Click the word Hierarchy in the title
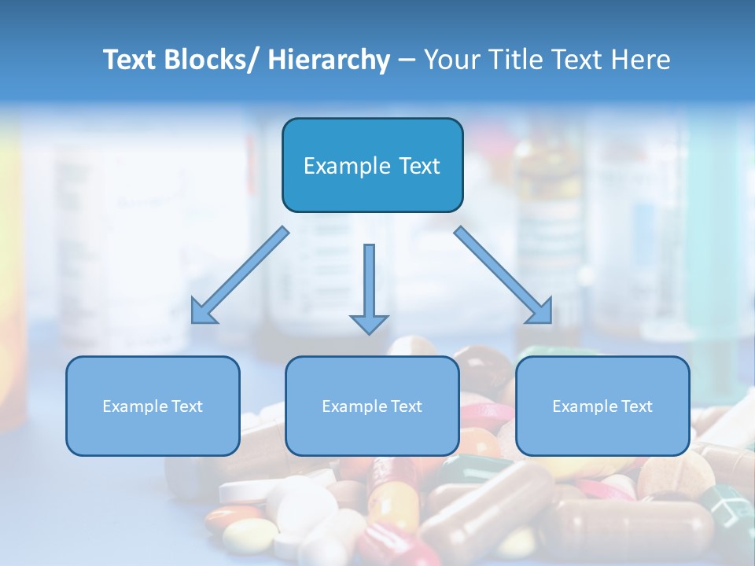pos(329,60)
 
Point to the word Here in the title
pos(642,60)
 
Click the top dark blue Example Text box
pos(372,165)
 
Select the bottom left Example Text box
pos(153,406)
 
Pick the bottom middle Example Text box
pos(372,406)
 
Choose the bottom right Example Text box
pos(602,406)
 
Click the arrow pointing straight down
pos(369,287)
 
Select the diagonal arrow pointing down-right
pos(503,275)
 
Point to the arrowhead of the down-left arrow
pos(202,312)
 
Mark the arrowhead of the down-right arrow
pos(541,312)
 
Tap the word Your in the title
pos(451,60)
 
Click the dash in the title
pos(407,60)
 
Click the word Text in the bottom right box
pos(637,406)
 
